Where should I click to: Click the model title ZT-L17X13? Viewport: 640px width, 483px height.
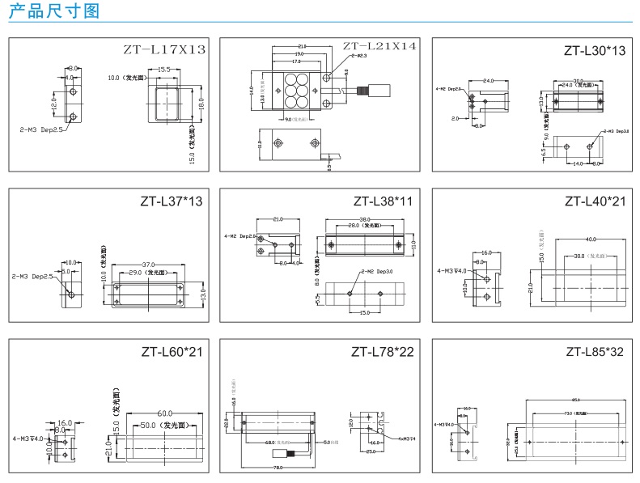[x=164, y=50]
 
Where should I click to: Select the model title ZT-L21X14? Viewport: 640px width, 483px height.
[x=379, y=46]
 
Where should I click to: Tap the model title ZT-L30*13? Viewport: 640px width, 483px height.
[x=595, y=51]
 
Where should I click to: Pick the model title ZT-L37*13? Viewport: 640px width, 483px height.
[x=171, y=201]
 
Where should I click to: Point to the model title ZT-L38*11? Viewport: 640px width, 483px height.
[x=384, y=201]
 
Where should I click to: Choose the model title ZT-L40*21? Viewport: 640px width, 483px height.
[x=595, y=201]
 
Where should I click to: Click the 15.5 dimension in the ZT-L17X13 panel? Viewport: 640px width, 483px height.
[x=163, y=70]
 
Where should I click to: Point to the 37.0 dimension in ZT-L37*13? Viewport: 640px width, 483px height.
[x=148, y=265]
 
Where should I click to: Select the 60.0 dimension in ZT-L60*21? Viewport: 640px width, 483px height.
[x=165, y=413]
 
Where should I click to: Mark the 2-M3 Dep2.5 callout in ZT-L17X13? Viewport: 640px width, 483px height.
[x=41, y=128]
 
